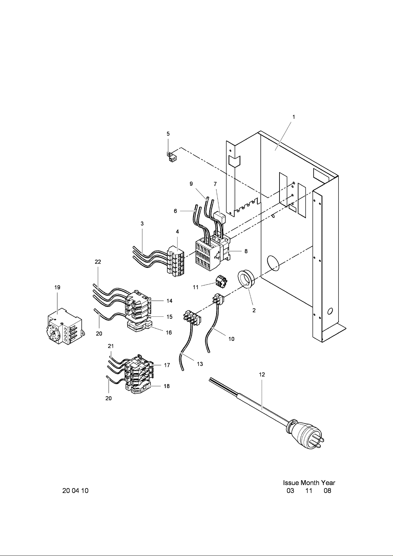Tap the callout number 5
pyautogui.click(x=168, y=134)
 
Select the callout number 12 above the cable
pyautogui.click(x=262, y=375)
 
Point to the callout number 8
pyautogui.click(x=246, y=251)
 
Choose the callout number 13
pyautogui.click(x=200, y=364)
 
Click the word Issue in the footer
pyautogui.click(x=291, y=483)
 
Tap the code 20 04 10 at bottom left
pyautogui.click(x=76, y=491)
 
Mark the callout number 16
pyautogui.click(x=169, y=333)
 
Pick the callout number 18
pyautogui.click(x=167, y=386)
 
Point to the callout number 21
pyautogui.click(x=111, y=346)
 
